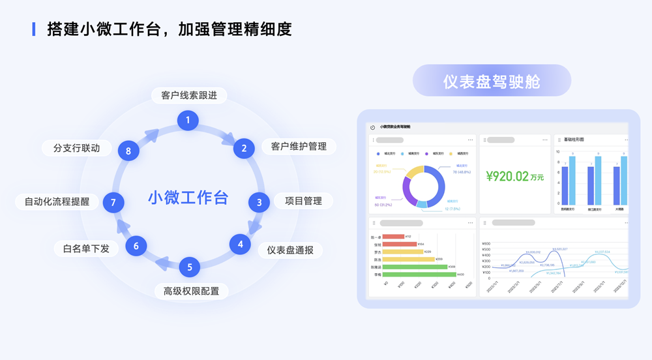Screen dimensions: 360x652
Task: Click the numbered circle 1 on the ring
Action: tap(188, 120)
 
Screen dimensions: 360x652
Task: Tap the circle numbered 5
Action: tap(190, 267)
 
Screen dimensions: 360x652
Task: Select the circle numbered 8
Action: tap(128, 151)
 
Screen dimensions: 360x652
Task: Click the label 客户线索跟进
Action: tap(189, 95)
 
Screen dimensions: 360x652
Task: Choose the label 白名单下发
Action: tap(86, 248)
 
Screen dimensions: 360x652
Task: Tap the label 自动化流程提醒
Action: tap(57, 202)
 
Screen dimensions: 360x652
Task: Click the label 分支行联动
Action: tap(77, 148)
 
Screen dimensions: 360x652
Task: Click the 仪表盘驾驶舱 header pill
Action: tap(492, 81)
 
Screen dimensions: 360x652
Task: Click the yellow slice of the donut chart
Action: tap(414, 173)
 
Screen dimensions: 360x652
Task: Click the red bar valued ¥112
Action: tap(393, 236)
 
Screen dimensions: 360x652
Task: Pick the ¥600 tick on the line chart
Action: tap(486, 244)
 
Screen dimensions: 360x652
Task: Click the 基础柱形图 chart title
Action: tap(574, 140)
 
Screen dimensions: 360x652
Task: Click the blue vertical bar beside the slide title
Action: tap(34, 29)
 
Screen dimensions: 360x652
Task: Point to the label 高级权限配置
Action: tap(191, 291)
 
